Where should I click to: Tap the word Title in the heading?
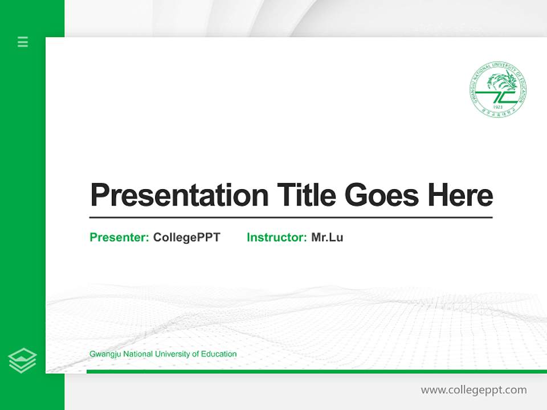pos(306,195)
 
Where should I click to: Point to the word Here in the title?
pos(460,195)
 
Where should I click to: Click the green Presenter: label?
pos(119,237)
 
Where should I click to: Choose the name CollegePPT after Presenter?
pos(186,237)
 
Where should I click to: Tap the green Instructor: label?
pos(276,237)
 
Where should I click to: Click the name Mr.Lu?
pos(327,237)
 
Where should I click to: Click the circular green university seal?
pos(498,89)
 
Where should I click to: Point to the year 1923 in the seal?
pos(498,107)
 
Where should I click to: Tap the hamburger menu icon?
pos(23,42)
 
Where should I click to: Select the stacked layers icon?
pos(22,360)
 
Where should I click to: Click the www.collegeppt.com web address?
pos(473,390)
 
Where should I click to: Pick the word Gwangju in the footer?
pos(104,354)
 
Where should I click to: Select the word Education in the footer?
pos(219,354)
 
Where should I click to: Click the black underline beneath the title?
pos(291,217)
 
